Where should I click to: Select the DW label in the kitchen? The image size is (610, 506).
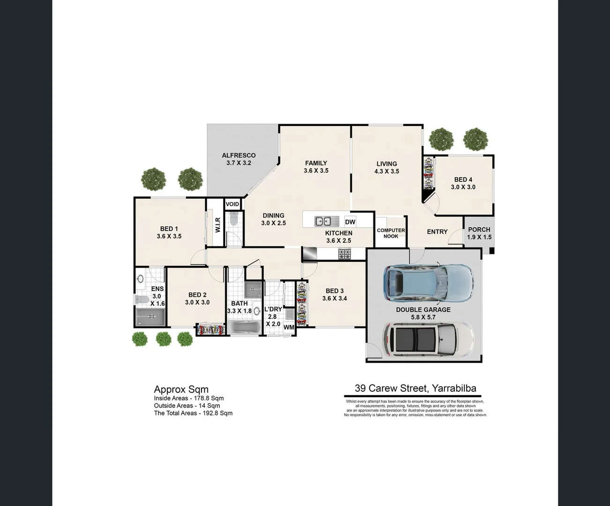pyautogui.click(x=350, y=222)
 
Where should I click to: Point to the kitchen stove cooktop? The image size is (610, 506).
pyautogui.click(x=345, y=254)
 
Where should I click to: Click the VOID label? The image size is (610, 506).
pyautogui.click(x=232, y=204)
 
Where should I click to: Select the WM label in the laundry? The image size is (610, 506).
pyautogui.click(x=289, y=327)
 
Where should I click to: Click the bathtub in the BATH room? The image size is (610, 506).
pyautogui.click(x=244, y=327)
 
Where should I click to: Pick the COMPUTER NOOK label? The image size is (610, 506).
pyautogui.click(x=391, y=233)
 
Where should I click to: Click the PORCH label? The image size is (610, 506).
pyautogui.click(x=479, y=230)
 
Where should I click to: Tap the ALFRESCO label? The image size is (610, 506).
pyautogui.click(x=238, y=156)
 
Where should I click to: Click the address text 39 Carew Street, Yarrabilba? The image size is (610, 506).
pyautogui.click(x=415, y=388)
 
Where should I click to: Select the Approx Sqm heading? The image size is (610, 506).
pyautogui.click(x=181, y=389)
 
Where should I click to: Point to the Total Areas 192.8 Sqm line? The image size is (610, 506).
pyautogui.click(x=193, y=413)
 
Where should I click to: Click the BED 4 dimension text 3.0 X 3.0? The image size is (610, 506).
pyautogui.click(x=463, y=187)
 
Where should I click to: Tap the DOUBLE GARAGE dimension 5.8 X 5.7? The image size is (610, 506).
pyautogui.click(x=423, y=317)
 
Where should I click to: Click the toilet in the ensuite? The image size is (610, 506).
pyautogui.click(x=141, y=299)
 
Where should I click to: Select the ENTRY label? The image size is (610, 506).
pyautogui.click(x=437, y=231)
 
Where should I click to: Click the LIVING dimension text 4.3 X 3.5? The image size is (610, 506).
pyautogui.click(x=387, y=171)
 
